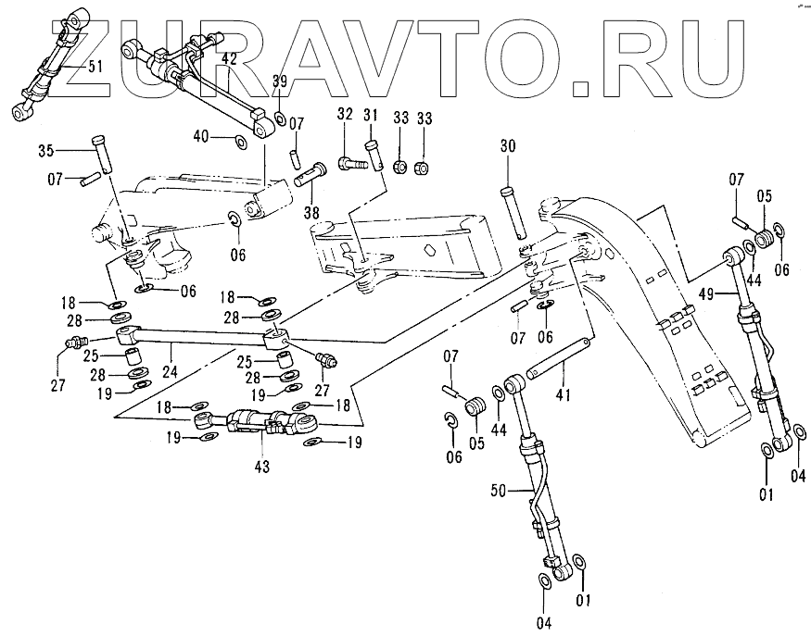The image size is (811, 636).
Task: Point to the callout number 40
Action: pyautogui.click(x=201, y=136)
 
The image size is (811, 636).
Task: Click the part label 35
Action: pyautogui.click(x=46, y=150)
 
